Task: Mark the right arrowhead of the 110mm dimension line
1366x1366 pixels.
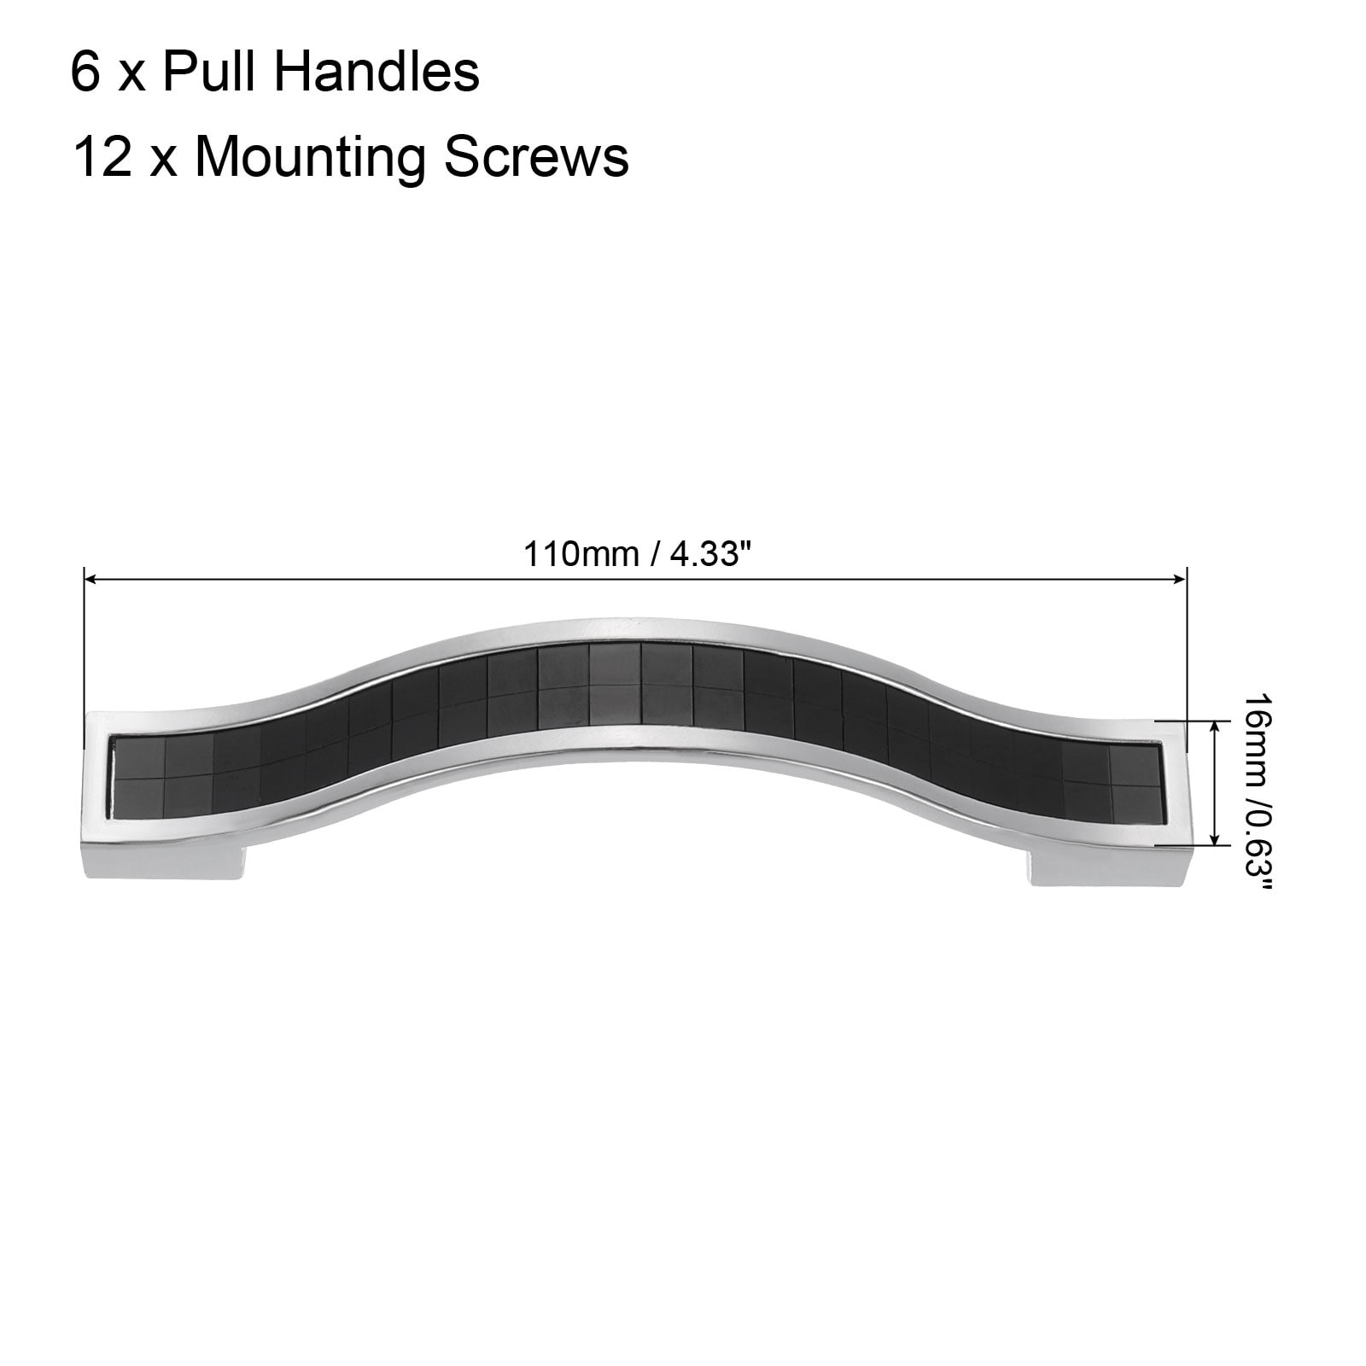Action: pos(1180,580)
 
